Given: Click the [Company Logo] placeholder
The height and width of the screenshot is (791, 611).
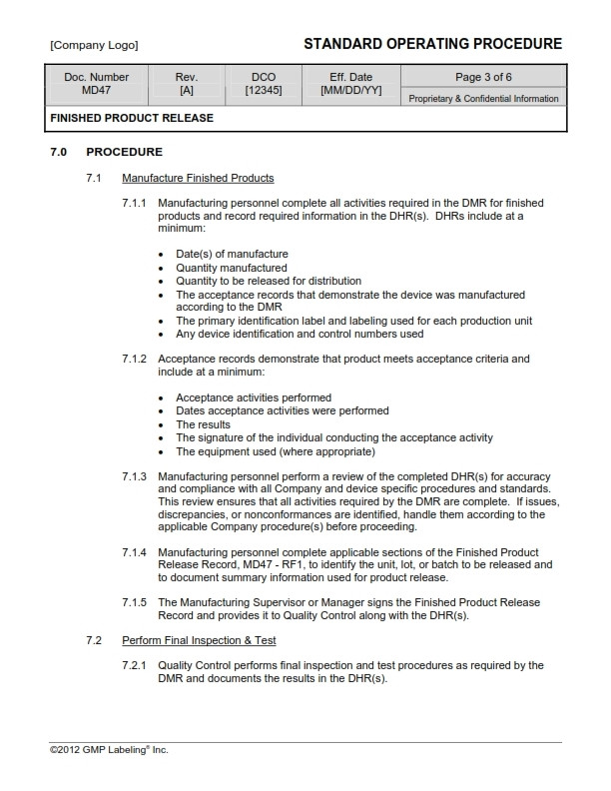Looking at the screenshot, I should (94, 45).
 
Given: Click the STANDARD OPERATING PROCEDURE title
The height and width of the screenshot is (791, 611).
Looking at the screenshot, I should (432, 44).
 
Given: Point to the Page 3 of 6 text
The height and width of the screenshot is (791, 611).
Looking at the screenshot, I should (484, 77).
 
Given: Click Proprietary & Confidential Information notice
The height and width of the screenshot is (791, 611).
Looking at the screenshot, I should (484, 99).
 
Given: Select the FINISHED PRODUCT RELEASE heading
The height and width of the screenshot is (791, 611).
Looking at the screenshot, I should (132, 118).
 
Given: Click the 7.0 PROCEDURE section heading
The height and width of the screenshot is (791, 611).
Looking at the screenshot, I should (106, 152).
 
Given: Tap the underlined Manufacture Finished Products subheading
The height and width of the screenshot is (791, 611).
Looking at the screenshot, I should (198, 178).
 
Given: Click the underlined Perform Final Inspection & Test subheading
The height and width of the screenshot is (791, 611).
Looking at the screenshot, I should (199, 639).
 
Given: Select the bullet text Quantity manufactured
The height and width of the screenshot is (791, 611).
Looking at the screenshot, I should (232, 268).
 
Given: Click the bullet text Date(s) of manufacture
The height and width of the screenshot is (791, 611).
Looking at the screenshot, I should (232, 254).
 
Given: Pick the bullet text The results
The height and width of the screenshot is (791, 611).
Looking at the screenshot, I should (203, 424).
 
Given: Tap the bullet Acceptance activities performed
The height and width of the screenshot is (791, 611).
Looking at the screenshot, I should (254, 397).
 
